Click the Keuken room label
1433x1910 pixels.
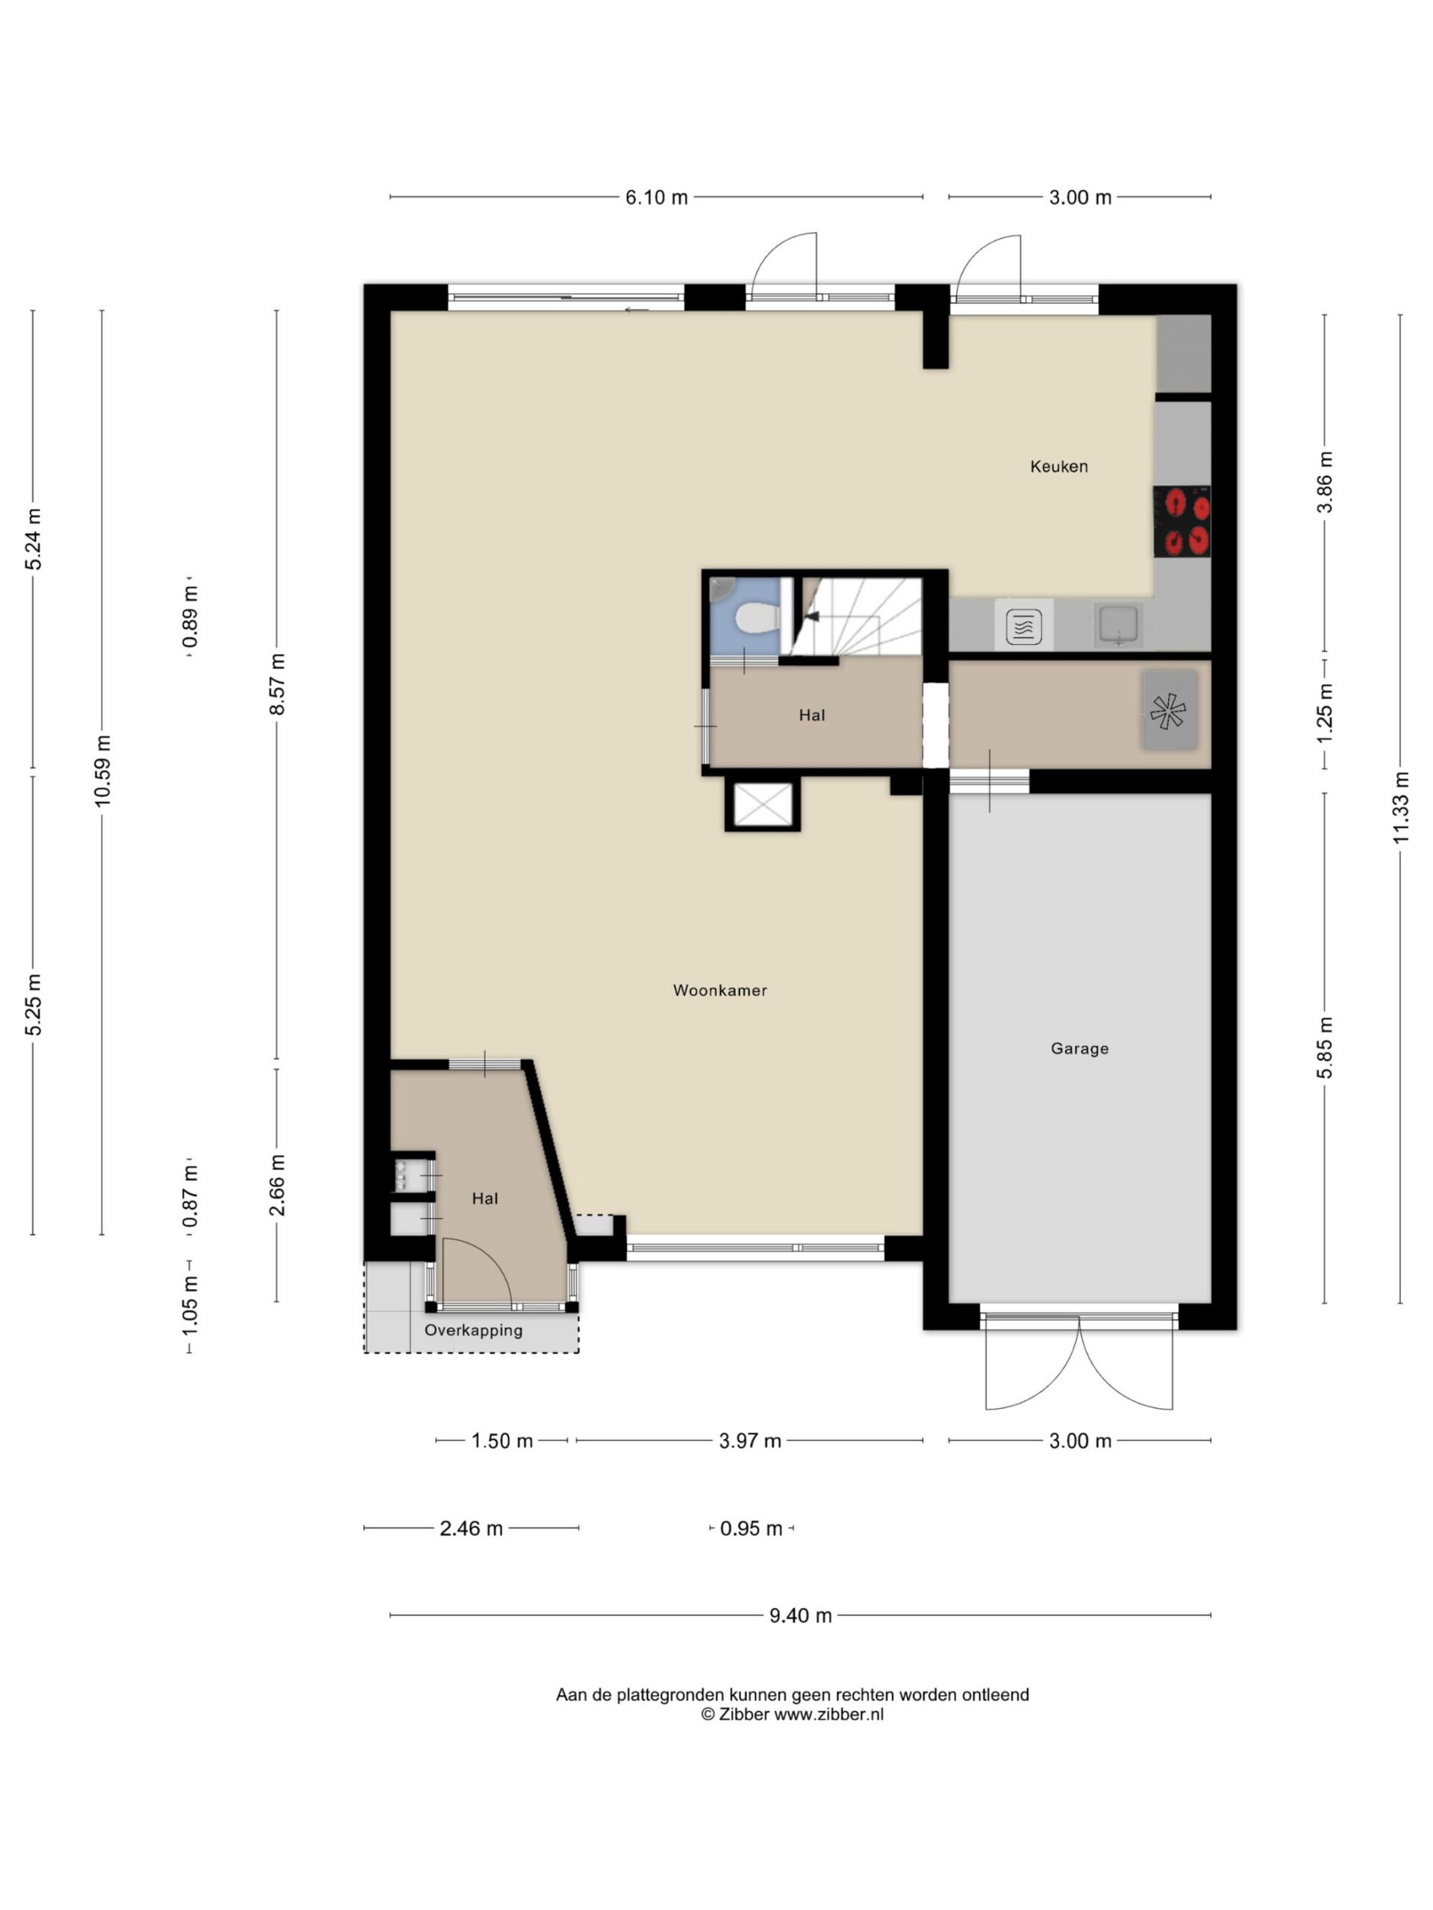point(1059,466)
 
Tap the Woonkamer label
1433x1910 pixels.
point(720,990)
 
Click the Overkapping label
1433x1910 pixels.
point(473,1330)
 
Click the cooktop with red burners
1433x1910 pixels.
point(1181,522)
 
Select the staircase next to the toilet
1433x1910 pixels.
point(860,616)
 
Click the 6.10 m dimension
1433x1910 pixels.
point(657,198)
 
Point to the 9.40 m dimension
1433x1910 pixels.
point(801,1615)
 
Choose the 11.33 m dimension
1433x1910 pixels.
point(1401,807)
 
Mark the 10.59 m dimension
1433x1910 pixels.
point(103,771)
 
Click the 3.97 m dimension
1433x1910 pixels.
point(750,1440)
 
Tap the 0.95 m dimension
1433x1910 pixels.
point(752,1528)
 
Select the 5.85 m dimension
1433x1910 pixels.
point(1325,1048)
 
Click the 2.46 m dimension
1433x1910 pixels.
point(471,1528)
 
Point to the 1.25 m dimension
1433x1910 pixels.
point(1325,713)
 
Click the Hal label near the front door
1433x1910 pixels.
point(484,1198)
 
